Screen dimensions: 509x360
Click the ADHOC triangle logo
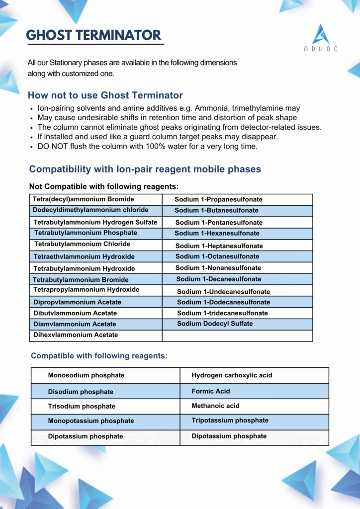coord(321,34)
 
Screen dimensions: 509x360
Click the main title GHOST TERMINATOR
coord(93,35)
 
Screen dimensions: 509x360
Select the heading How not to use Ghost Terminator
coord(105,95)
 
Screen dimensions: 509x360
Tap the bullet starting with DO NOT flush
coord(147,147)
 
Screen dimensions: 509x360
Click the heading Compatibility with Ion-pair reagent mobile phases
coord(145,170)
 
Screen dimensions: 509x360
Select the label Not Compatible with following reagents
coord(104,187)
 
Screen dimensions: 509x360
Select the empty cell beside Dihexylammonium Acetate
coord(237,336)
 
